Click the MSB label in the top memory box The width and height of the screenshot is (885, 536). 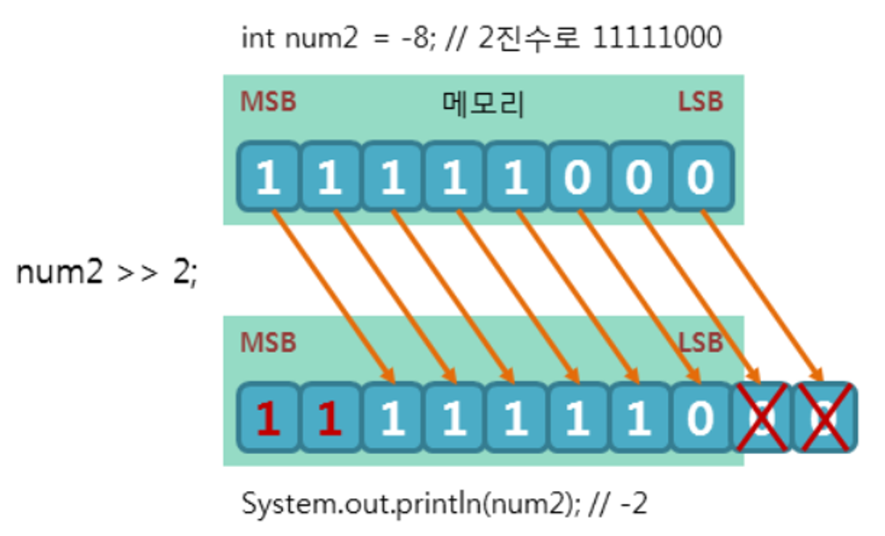coord(268,102)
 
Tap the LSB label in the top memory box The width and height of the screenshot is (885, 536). coord(701,102)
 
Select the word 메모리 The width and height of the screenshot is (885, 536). coord(483,104)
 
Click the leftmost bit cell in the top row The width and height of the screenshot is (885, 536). coord(268,176)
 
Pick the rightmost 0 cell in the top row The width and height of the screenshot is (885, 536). coord(701,176)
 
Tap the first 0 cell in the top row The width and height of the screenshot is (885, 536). coord(577,176)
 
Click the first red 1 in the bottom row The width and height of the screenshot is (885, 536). coord(268,419)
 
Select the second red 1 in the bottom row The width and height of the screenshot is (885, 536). coord(330,419)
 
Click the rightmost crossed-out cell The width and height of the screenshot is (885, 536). coord(825,419)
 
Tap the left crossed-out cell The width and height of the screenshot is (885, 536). coord(763,419)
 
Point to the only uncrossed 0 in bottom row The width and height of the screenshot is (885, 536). coord(701,419)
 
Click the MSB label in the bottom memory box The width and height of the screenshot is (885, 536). coord(268,342)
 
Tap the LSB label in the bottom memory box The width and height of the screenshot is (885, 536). coord(701,342)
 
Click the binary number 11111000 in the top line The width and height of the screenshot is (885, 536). coord(656,38)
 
